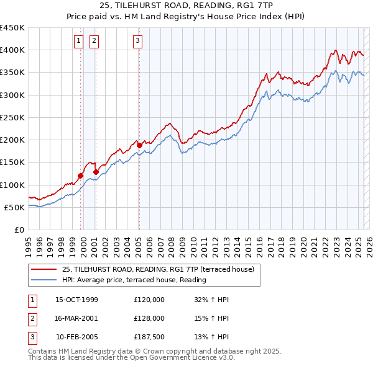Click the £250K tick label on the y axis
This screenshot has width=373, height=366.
(12, 117)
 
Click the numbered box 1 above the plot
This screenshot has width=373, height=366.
(80, 42)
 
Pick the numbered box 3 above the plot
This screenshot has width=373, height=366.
(137, 42)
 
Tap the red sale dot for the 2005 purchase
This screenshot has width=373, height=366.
(139, 145)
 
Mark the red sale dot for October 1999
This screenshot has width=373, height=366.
(81, 176)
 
